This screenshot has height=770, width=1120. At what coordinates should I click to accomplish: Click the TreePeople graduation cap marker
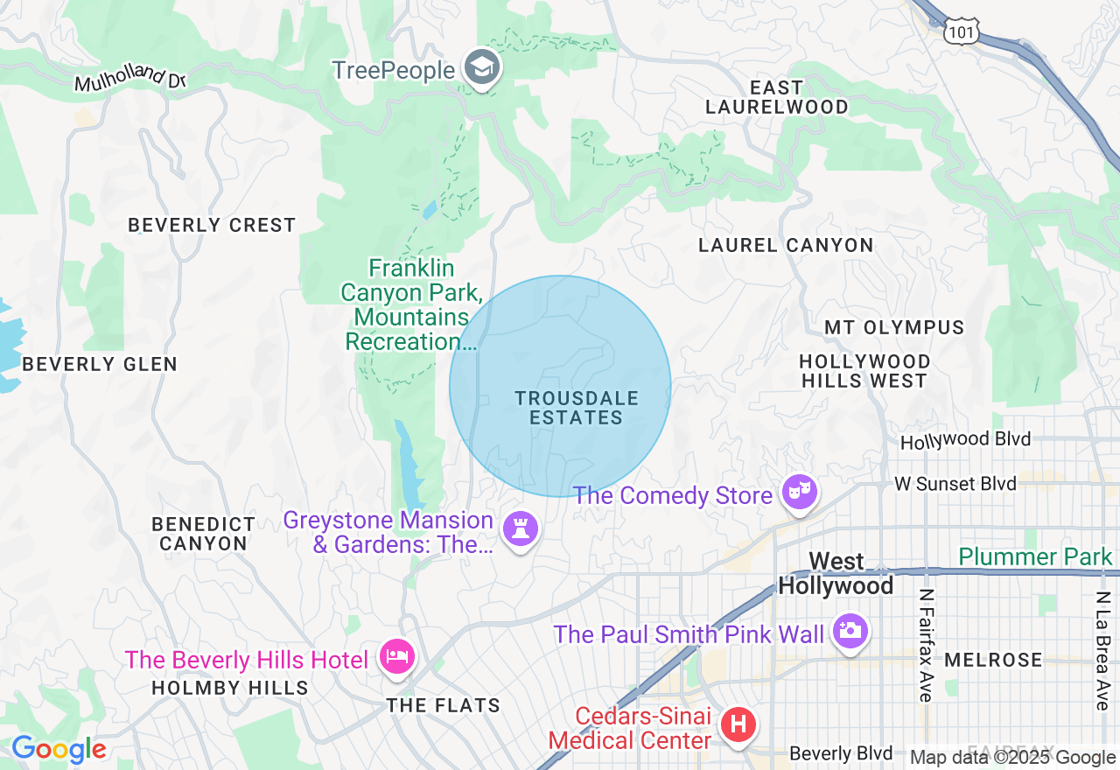(x=481, y=67)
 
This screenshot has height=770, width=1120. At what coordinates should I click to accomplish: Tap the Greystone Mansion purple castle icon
(x=521, y=528)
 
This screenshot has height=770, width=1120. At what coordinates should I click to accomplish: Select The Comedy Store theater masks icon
(x=800, y=492)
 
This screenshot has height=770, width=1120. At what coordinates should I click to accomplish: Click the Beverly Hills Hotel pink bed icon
(x=396, y=656)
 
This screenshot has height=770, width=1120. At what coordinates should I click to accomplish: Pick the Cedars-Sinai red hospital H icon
(x=738, y=724)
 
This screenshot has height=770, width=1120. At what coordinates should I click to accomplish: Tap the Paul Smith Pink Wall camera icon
(x=849, y=630)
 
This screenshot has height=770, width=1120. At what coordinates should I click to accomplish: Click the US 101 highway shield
(x=962, y=31)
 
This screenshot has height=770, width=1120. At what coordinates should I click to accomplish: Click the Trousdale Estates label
(x=577, y=408)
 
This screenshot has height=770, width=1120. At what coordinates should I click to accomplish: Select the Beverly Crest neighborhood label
(x=212, y=225)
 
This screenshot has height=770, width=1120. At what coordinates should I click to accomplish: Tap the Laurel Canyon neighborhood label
(x=786, y=245)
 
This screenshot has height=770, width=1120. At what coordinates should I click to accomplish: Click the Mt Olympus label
(x=894, y=327)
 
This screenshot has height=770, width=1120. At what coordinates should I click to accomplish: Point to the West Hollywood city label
(x=836, y=573)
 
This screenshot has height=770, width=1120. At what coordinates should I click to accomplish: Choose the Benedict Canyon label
(x=204, y=534)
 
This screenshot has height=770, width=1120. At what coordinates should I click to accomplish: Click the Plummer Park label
(x=1035, y=556)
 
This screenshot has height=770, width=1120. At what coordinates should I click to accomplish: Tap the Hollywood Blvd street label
(x=965, y=439)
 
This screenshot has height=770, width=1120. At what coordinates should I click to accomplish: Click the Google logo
(x=59, y=749)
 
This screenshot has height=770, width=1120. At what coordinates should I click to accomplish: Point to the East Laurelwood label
(x=777, y=97)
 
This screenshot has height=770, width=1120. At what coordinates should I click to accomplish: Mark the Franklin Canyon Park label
(x=411, y=304)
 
